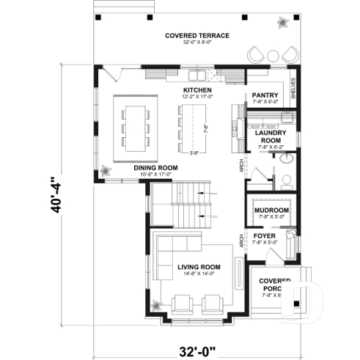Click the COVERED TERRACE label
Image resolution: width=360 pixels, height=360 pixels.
[x=196, y=35]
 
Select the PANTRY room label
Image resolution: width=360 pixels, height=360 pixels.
[x=265, y=95]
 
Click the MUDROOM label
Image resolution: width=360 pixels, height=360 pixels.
[x=271, y=210]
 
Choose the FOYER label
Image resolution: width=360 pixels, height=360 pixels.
[x=265, y=235]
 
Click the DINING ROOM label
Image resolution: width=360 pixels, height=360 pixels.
[x=155, y=168]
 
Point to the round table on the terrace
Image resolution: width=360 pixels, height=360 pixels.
[x=272, y=55]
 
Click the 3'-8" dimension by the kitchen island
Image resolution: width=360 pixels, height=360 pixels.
[x=194, y=153]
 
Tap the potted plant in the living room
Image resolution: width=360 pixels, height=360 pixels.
[x=155, y=304]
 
